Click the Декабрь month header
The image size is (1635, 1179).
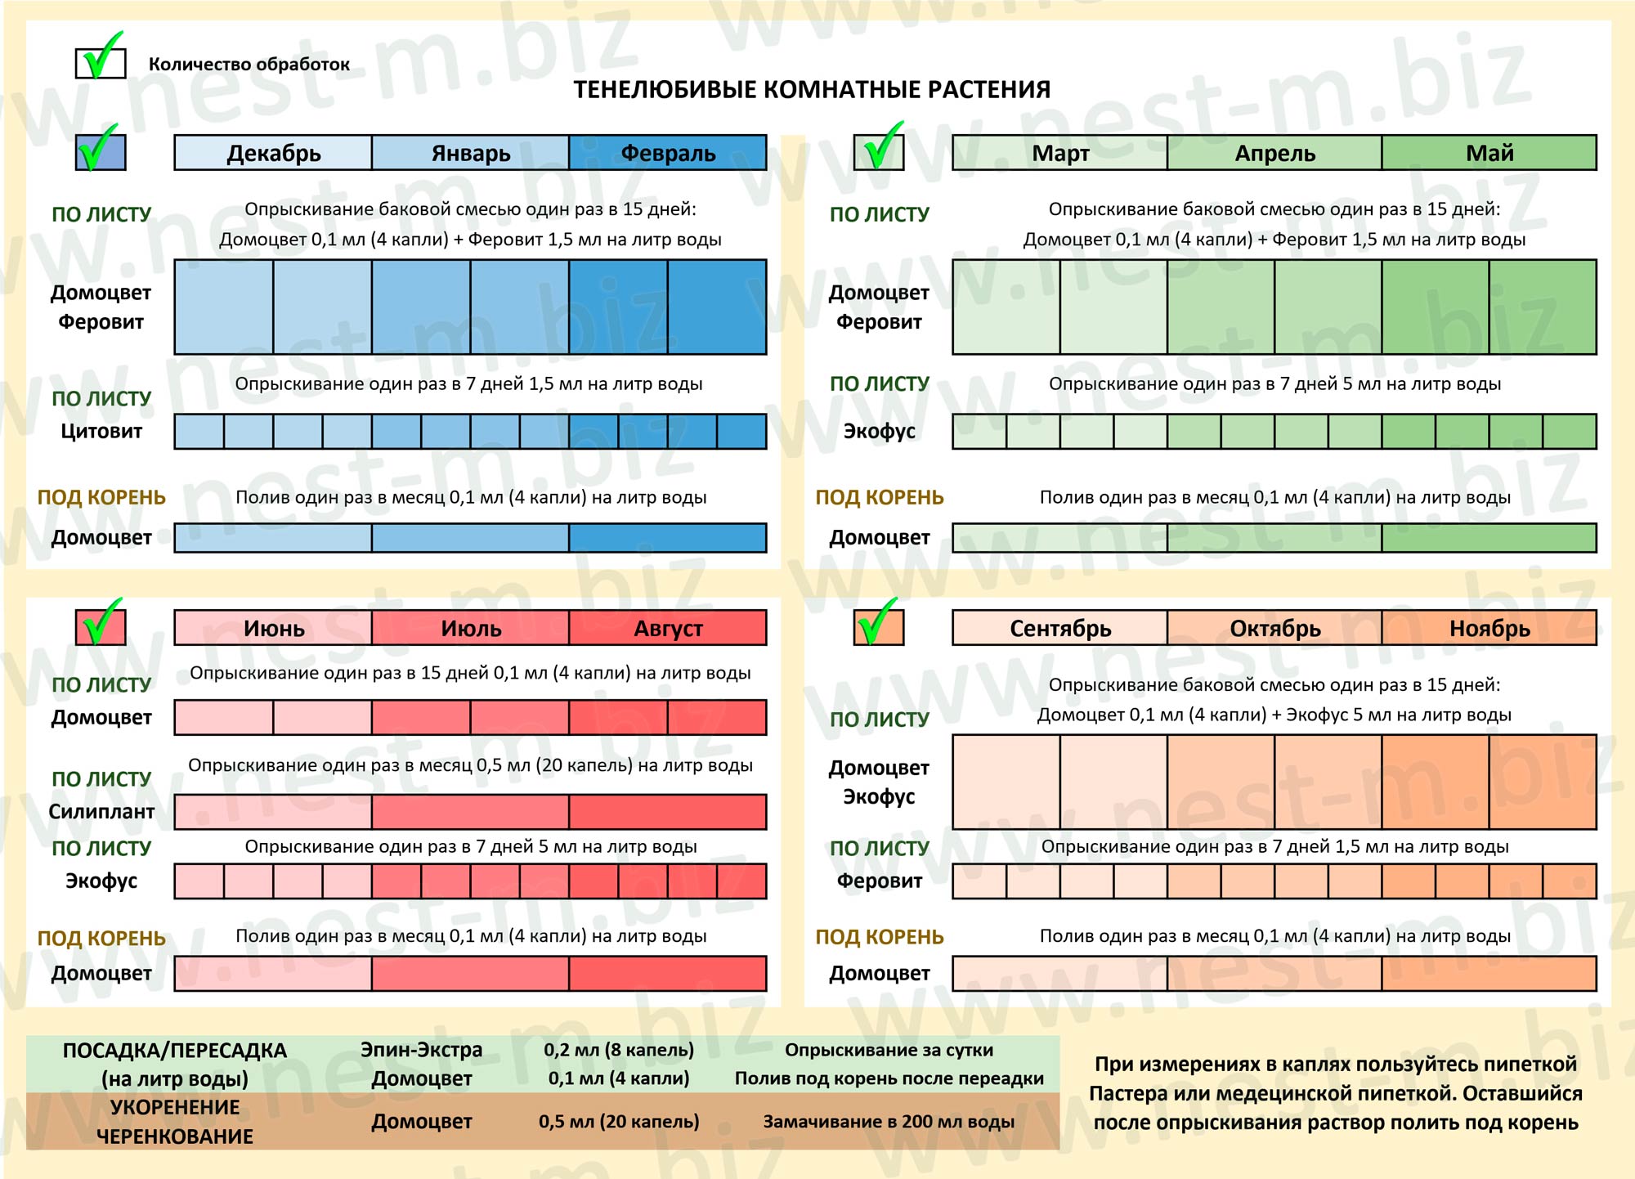click(273, 153)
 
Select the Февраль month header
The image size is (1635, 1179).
click(668, 153)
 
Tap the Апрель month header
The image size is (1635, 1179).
click(1274, 153)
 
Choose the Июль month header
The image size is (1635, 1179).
click(471, 628)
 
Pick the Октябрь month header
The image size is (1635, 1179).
click(1274, 628)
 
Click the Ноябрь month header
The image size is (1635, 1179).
click(1489, 628)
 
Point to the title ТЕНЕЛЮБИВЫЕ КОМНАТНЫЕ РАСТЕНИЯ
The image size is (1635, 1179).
click(812, 89)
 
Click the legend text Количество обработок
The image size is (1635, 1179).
click(249, 65)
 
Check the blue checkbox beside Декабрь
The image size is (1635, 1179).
click(101, 152)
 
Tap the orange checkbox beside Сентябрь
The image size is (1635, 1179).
click(879, 628)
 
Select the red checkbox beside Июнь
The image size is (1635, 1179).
click(101, 628)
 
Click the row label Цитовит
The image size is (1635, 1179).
click(101, 431)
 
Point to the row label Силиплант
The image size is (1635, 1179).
click(101, 811)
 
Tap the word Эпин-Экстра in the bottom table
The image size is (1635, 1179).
click(422, 1050)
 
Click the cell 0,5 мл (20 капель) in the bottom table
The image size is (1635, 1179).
click(619, 1121)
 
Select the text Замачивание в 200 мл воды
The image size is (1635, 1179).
click(889, 1121)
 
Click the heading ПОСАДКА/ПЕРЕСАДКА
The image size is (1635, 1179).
click(175, 1051)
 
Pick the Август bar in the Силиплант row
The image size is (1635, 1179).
click(668, 812)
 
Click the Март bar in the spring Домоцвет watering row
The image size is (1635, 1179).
click(1060, 538)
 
